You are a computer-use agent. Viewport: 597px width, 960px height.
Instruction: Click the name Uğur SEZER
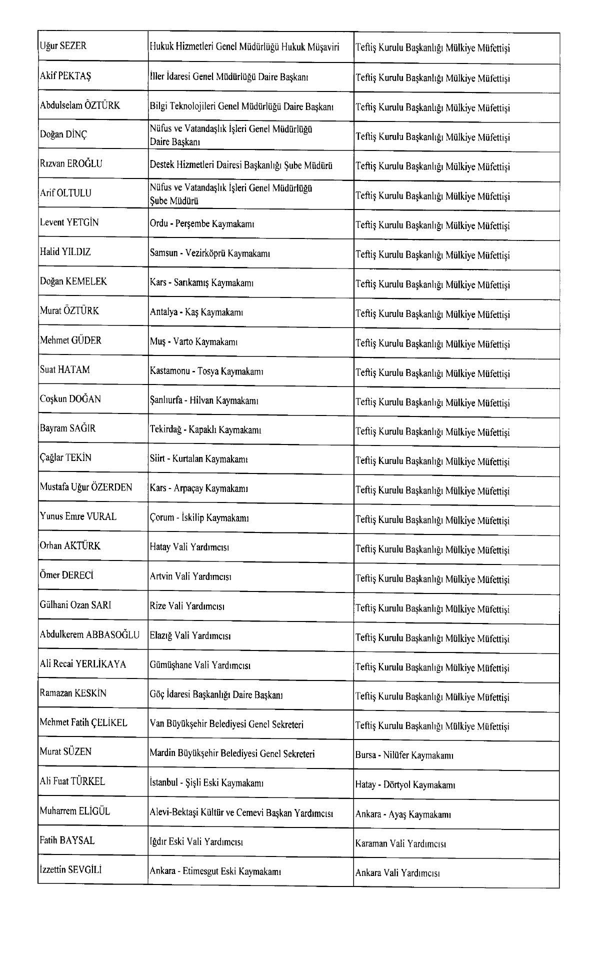click(63, 46)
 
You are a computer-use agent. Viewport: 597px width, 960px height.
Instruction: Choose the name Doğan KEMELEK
click(73, 281)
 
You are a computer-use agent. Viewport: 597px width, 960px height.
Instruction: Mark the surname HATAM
click(74, 370)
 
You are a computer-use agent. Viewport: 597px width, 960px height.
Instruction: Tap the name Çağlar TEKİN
click(65, 458)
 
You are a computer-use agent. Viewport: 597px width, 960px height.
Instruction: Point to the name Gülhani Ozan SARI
click(75, 605)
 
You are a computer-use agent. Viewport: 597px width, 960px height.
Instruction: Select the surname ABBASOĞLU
click(113, 635)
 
